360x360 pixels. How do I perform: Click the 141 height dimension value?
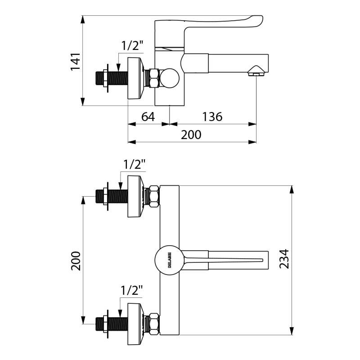point(76,61)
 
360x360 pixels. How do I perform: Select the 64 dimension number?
point(148,117)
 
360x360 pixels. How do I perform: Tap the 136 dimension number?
point(212,117)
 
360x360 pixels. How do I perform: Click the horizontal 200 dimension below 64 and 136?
point(191,135)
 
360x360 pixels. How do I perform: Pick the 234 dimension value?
point(284,260)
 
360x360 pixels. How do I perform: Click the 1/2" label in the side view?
point(132,45)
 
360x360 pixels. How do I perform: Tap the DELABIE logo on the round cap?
point(169,260)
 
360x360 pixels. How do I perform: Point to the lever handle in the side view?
point(211,22)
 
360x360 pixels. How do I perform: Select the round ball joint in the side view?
point(171,78)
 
